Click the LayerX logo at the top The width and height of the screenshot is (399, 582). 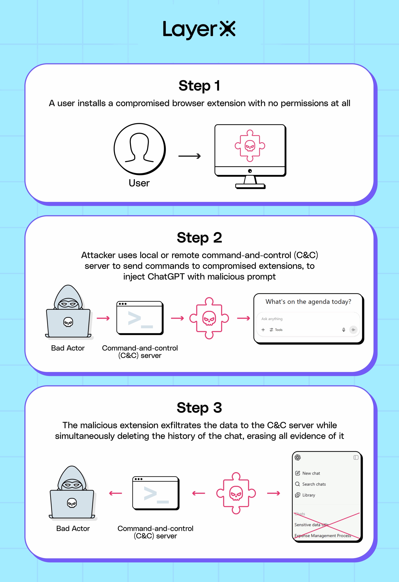199,30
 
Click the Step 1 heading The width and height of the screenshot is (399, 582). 199,86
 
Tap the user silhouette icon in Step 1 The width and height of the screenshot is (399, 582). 139,149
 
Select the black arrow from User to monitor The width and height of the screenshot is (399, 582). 189,156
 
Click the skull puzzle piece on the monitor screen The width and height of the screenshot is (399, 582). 250,145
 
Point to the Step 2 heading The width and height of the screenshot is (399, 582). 199,237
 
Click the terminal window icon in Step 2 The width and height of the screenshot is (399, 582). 140,318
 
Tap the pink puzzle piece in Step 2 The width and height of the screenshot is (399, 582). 209,318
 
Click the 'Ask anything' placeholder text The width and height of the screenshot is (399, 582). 272,319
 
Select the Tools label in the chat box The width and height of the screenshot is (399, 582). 279,330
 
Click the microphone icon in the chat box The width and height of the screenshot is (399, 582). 344,330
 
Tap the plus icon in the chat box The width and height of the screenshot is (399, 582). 263,330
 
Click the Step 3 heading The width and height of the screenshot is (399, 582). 199,407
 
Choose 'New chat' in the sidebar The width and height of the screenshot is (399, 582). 311,473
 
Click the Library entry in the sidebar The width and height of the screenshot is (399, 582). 309,495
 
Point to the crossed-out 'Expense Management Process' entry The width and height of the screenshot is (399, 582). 323,536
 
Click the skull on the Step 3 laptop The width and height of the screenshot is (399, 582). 72,503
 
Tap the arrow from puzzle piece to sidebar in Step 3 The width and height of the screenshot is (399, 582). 273,493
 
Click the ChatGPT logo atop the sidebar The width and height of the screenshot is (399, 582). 298,458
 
